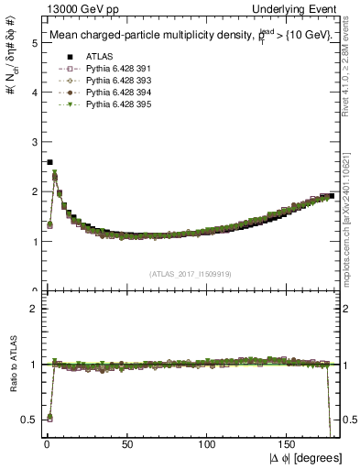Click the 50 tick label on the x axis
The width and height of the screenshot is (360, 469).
(x=127, y=444)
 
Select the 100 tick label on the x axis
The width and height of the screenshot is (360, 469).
(x=208, y=444)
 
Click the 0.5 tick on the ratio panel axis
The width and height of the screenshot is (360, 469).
(x=28, y=420)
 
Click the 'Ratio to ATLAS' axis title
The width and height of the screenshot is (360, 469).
(x=12, y=365)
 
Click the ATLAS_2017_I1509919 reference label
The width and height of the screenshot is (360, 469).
(x=191, y=274)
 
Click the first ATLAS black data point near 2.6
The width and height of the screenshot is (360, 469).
(x=49, y=162)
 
